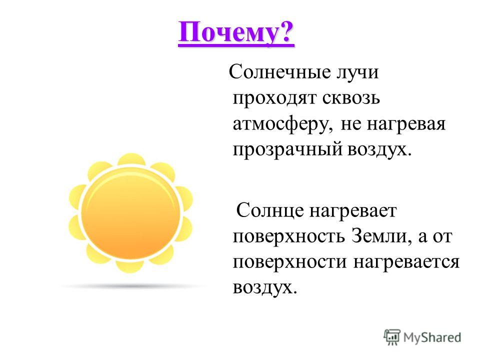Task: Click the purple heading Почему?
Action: click(236, 33)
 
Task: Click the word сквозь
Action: click(351, 98)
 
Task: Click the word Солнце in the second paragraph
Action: click(270, 210)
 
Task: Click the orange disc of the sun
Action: click(130, 213)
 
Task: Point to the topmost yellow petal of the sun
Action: click(131, 159)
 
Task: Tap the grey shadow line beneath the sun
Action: click(131, 286)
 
